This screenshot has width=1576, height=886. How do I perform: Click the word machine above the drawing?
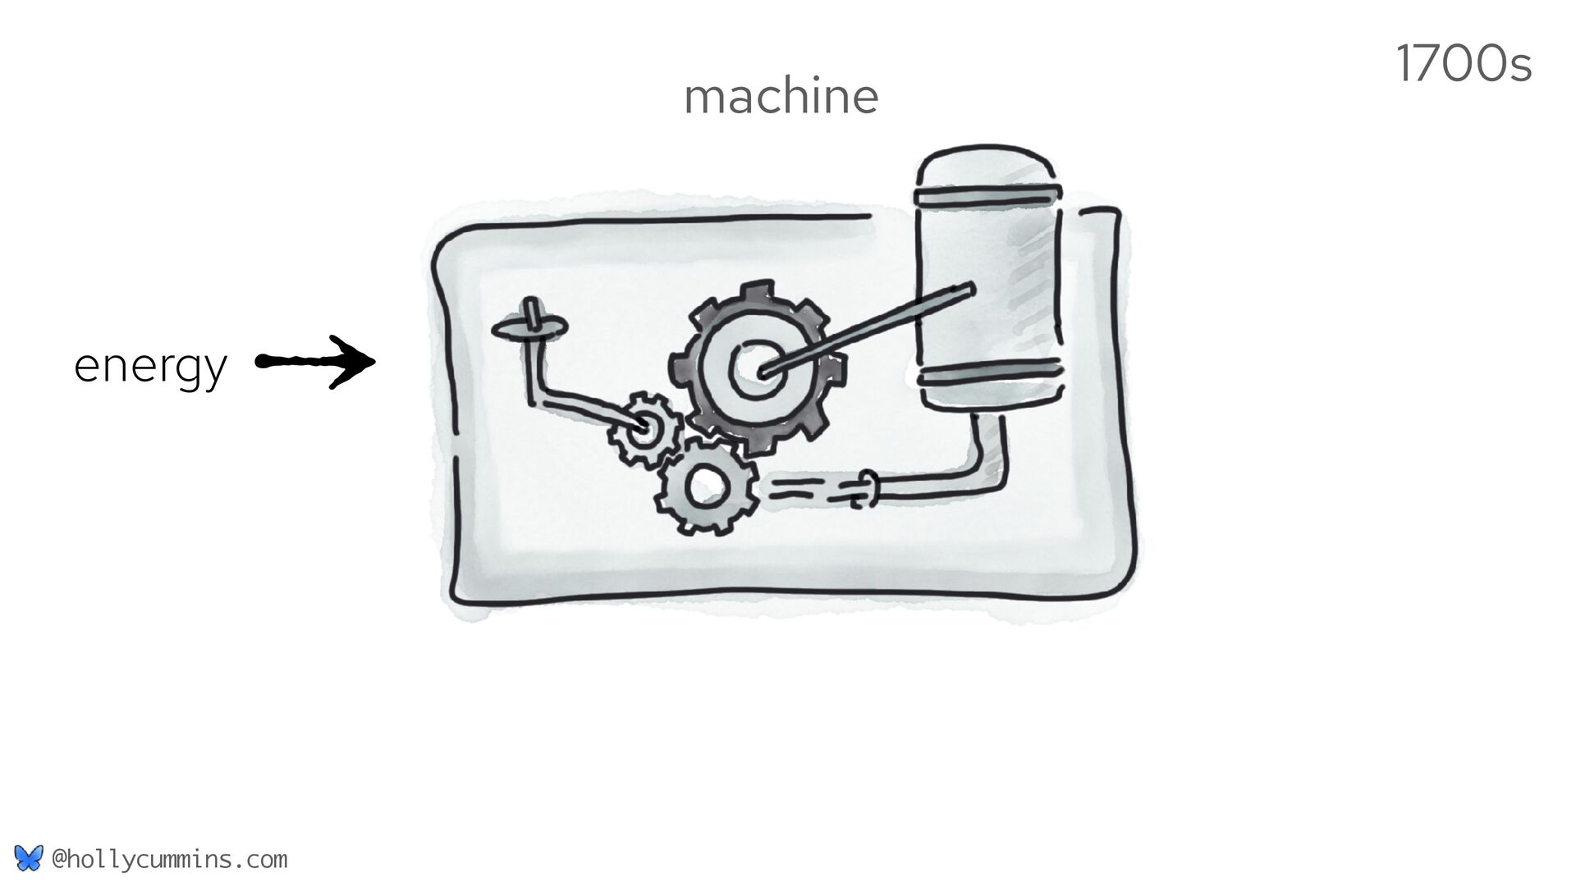781,97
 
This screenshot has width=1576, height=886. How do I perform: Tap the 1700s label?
1463,66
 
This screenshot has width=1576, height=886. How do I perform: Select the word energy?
149,366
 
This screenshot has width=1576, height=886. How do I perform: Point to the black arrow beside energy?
316,362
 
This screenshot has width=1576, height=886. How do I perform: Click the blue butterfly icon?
28,859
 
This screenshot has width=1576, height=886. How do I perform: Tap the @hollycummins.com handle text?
169,860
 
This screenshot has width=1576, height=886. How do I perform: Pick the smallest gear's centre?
643,427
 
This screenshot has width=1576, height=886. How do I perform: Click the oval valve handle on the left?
529,329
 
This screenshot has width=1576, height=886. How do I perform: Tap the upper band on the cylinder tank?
990,195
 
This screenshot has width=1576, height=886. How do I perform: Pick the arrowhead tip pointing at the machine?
373,361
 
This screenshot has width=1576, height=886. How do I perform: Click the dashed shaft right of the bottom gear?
809,491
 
